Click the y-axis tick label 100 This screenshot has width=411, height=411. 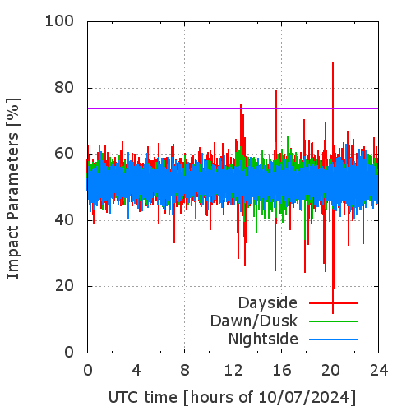(x=59, y=21)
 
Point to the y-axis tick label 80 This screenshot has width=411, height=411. (x=64, y=88)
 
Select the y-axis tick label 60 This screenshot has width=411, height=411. (x=64, y=154)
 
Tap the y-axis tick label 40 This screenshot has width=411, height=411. (x=64, y=220)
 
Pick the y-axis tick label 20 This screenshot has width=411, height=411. (x=64, y=286)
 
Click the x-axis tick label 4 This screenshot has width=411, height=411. (x=136, y=371)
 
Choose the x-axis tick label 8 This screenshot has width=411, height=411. (x=185, y=371)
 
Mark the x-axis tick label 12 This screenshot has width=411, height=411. (x=233, y=371)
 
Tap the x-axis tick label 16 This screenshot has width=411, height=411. (x=282, y=371)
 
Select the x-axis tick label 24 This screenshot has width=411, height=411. (x=379, y=371)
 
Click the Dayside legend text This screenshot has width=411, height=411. (x=268, y=303)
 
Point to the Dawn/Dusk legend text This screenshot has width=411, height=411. (x=254, y=321)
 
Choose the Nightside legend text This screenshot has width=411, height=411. (x=263, y=339)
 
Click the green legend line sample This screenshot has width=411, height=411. (x=333, y=321)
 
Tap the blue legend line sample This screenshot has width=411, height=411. (x=333, y=339)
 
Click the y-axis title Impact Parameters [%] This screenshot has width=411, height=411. (x=13, y=188)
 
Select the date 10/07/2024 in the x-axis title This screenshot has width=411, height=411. (x=303, y=397)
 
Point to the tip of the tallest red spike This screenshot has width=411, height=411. (x=333, y=62)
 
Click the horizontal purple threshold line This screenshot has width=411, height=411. (x=233, y=108)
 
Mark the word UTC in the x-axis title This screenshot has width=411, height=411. (x=124, y=397)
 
